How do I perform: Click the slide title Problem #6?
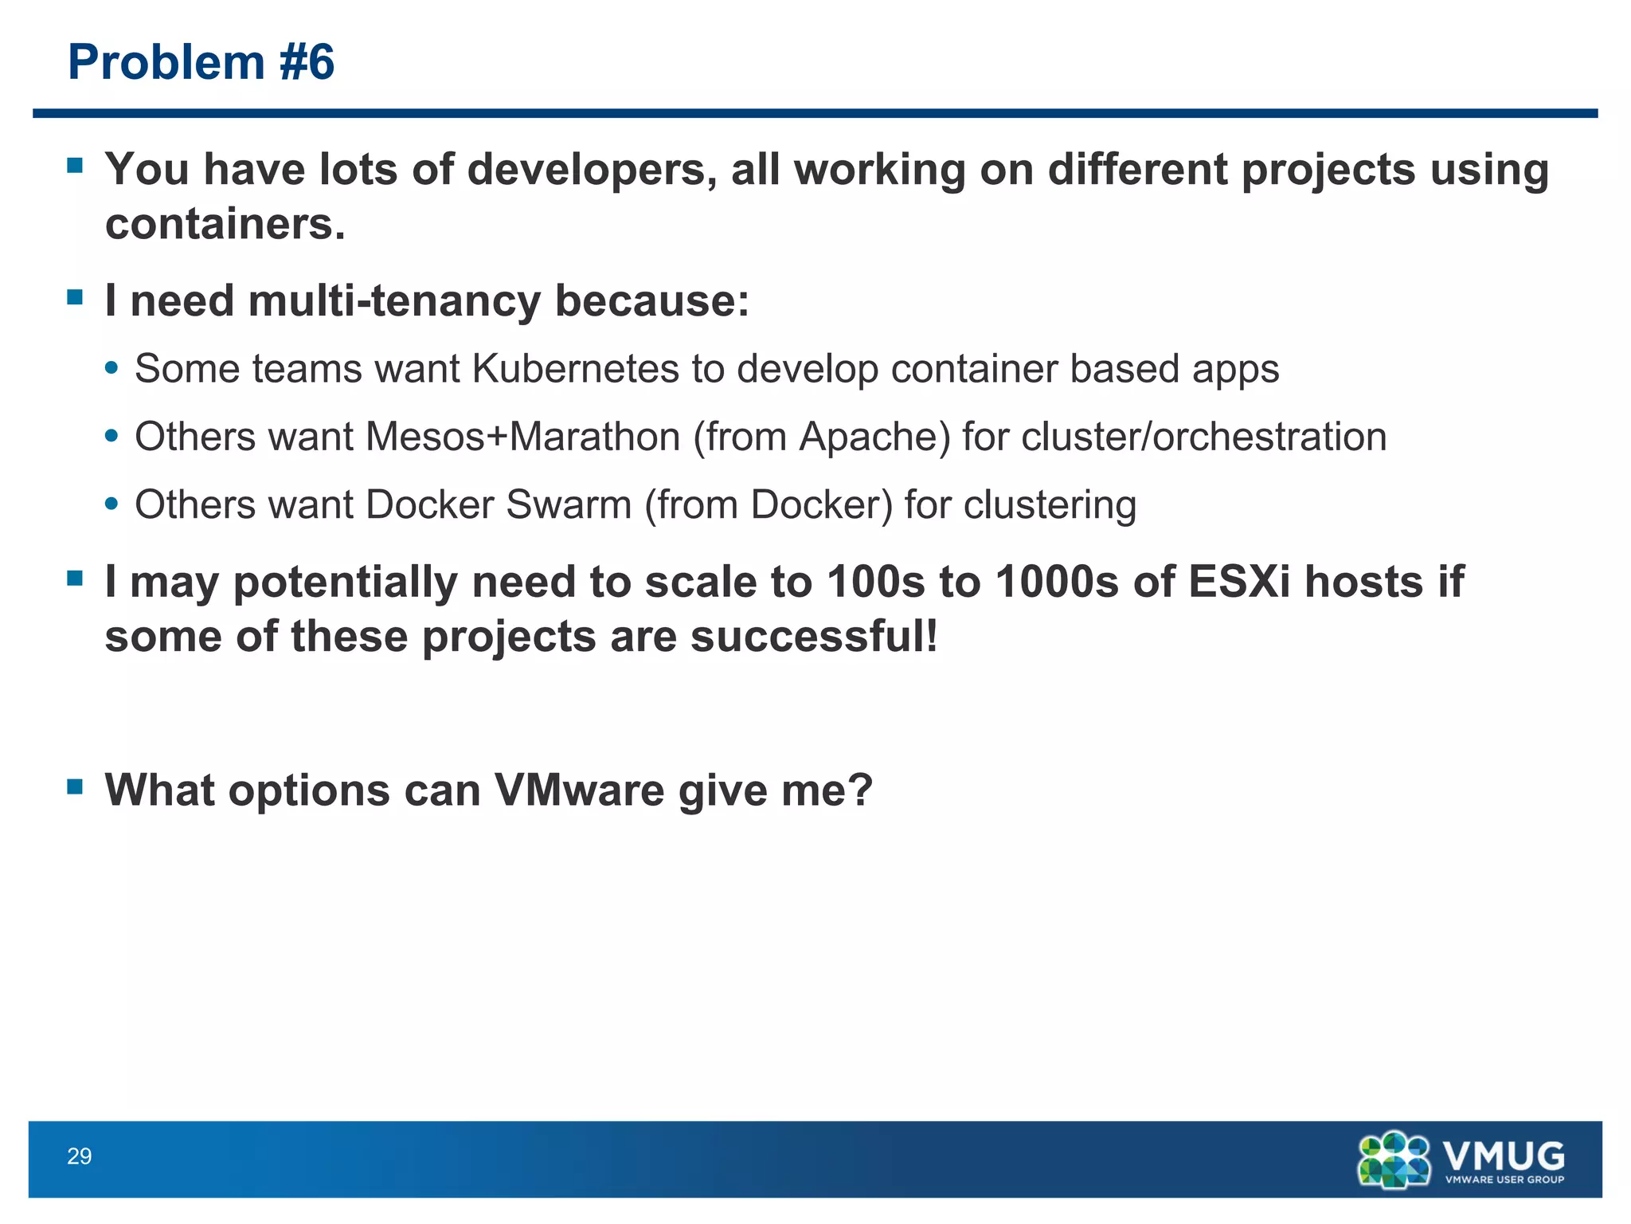[201, 62]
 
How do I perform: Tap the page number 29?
[79, 1156]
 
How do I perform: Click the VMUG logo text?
[1503, 1154]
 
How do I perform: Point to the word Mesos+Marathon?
[522, 437]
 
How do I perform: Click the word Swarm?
[568, 504]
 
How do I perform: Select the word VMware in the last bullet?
[579, 790]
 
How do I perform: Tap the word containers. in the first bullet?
[225, 224]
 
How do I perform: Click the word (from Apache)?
[822, 437]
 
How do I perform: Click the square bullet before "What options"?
[76, 787]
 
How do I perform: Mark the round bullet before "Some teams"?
[111, 369]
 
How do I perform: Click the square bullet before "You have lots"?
[76, 167]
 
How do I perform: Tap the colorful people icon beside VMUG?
[1394, 1159]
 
